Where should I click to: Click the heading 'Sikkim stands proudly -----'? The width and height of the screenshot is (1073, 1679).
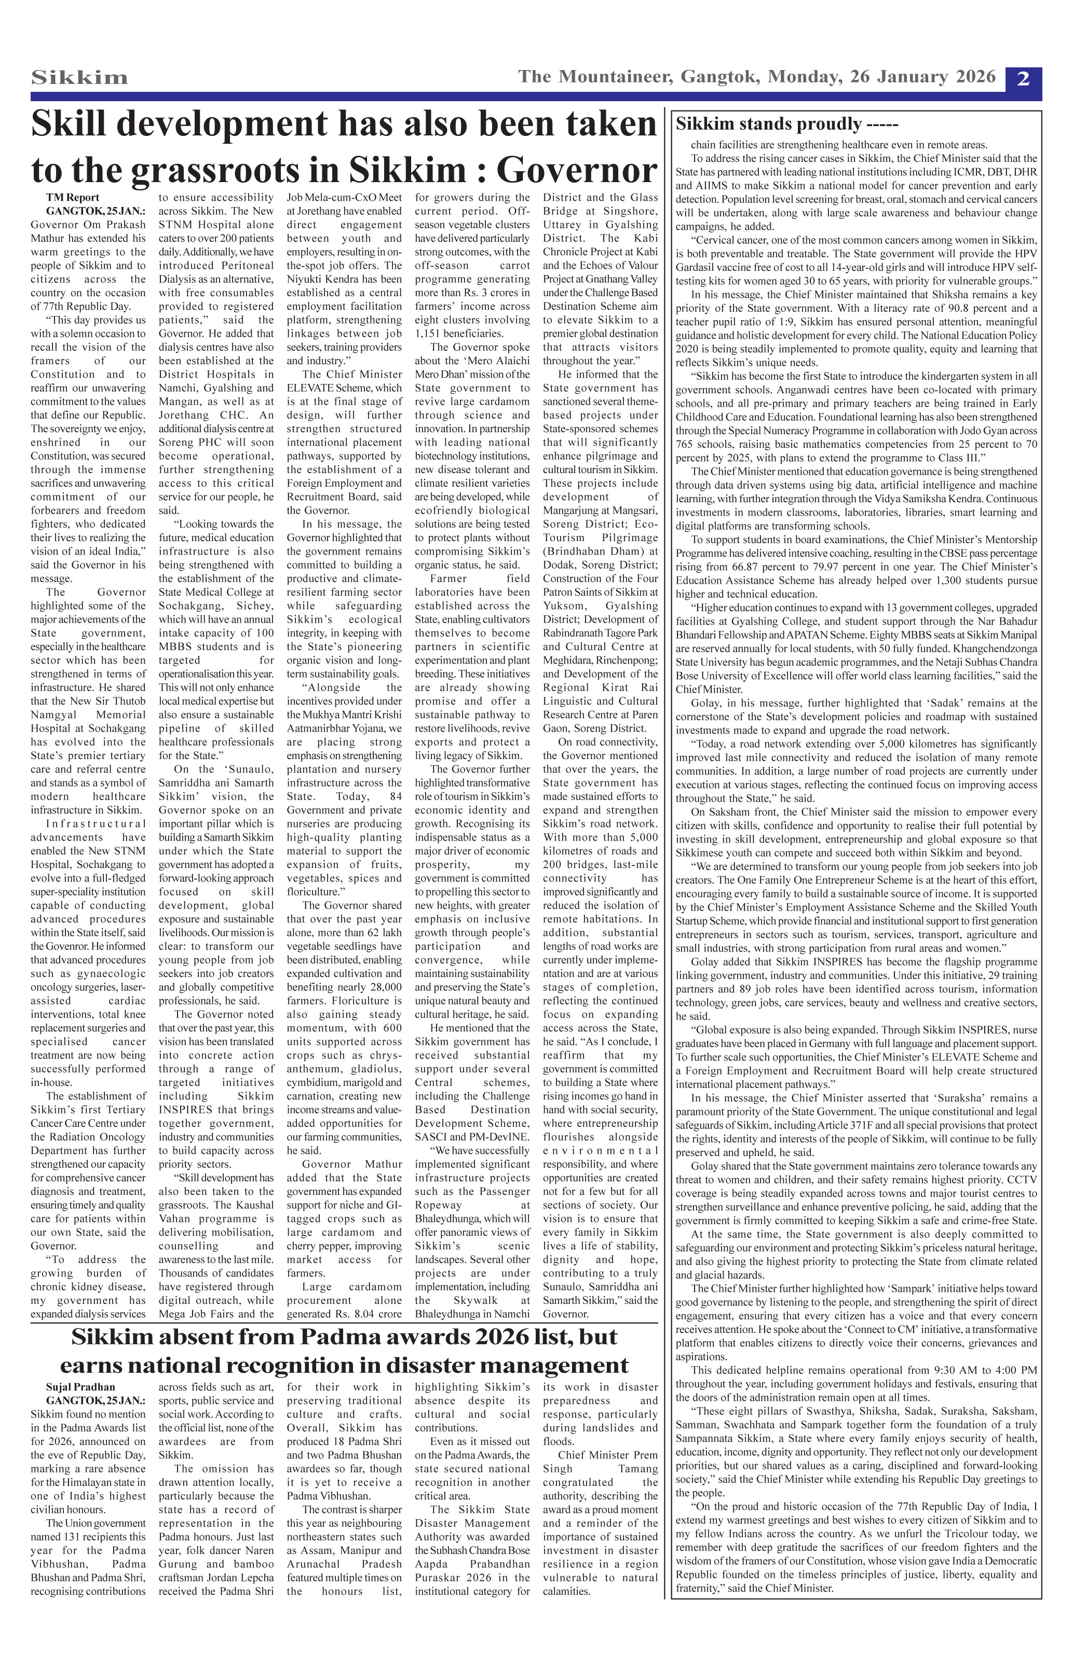tap(787, 124)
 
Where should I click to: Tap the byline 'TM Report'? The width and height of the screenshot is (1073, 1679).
tap(73, 197)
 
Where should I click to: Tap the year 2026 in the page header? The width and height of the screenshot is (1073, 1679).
tap(970, 77)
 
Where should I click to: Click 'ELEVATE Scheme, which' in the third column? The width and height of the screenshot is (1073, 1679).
tap(344, 388)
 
